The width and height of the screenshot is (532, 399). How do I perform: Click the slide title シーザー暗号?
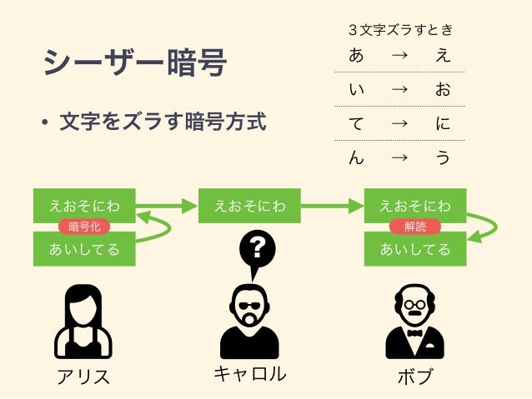click(134, 63)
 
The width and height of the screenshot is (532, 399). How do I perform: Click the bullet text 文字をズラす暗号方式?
click(163, 123)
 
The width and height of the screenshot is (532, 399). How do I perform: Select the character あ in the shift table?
click(356, 57)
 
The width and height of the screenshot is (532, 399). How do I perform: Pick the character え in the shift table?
click(443, 57)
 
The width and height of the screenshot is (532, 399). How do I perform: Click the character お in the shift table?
click(443, 90)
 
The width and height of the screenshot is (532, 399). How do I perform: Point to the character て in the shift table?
click(356, 124)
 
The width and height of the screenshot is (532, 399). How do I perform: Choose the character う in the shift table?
click(443, 157)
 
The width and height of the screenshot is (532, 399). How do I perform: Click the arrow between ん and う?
click(399, 157)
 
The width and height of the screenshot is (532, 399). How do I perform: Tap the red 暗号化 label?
click(84, 227)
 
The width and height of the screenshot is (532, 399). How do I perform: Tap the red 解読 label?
click(414, 227)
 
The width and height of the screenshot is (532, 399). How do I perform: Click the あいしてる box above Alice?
click(84, 249)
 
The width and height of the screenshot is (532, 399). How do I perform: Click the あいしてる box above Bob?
click(414, 249)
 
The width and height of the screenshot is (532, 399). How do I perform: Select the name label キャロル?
click(249, 374)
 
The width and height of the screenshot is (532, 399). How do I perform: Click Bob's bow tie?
click(414, 331)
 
